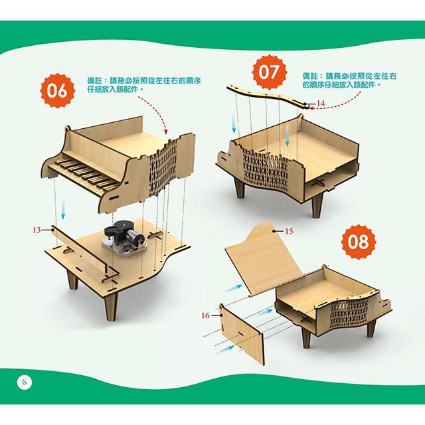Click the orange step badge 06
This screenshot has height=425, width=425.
pyautogui.click(x=58, y=91)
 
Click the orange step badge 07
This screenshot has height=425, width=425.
pyautogui.click(x=269, y=72)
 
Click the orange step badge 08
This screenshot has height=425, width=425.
pyautogui.click(x=359, y=242)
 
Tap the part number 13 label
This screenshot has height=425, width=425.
pyautogui.click(x=37, y=230)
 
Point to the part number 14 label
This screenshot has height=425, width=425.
pyautogui.click(x=320, y=104)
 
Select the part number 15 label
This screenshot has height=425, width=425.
pyautogui.click(x=289, y=231)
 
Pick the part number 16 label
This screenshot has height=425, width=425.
pyautogui.click(x=205, y=315)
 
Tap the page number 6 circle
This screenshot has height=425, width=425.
pyautogui.click(x=25, y=382)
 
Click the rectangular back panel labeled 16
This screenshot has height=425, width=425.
pyautogui.click(x=241, y=334)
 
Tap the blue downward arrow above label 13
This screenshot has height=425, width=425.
pyautogui.click(x=63, y=208)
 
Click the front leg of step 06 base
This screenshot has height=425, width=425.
pyautogui.click(x=111, y=306)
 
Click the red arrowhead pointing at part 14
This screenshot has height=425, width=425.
pyautogui.click(x=311, y=108)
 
